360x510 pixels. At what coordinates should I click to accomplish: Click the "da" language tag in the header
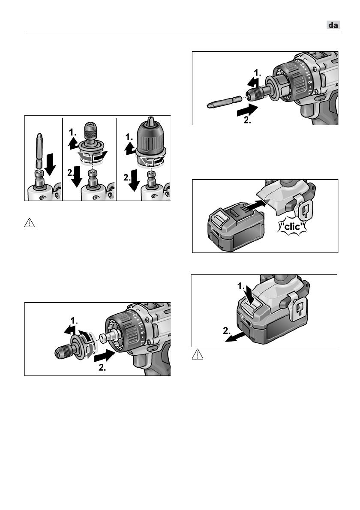[x=333, y=25]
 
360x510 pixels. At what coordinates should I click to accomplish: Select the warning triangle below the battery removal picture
[x=198, y=354]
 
